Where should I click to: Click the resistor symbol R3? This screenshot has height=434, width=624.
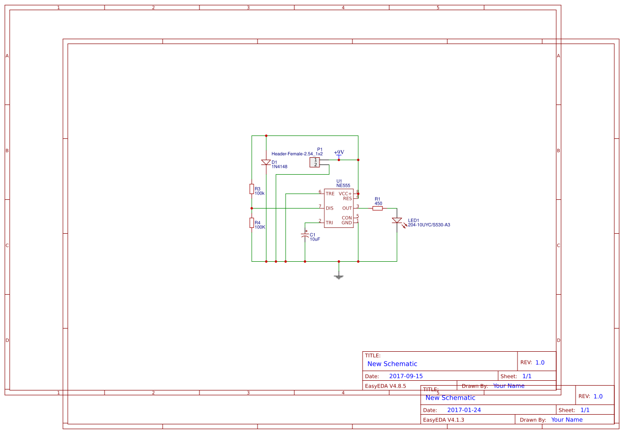[x=252, y=189]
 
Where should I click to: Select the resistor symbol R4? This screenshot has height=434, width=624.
[x=252, y=223]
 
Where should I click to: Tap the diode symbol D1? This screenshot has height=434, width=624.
[x=266, y=163]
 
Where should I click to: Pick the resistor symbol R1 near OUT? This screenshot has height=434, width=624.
[x=378, y=208]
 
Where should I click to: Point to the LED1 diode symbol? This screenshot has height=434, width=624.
[x=397, y=221]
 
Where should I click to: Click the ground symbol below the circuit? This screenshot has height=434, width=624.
[x=338, y=276]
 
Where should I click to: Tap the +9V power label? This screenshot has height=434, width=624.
[x=339, y=152]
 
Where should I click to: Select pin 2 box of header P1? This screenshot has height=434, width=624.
[x=315, y=165]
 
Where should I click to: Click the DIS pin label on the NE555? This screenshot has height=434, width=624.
[x=330, y=208]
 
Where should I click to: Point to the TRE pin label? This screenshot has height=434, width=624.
[x=330, y=194]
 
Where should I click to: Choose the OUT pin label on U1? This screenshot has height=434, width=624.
[x=347, y=208]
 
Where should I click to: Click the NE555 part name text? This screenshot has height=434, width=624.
[x=343, y=185]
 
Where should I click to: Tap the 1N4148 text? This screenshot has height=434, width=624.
[x=279, y=166]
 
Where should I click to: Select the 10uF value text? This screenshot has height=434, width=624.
[x=315, y=239]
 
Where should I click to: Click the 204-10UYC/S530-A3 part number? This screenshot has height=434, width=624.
[x=429, y=224]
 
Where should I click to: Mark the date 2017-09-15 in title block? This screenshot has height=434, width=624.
[x=406, y=376]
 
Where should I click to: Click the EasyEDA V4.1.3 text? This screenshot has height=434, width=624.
[x=443, y=419]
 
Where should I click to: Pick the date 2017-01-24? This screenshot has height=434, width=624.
[x=464, y=410]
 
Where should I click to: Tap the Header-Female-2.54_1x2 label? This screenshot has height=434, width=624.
[x=297, y=153]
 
